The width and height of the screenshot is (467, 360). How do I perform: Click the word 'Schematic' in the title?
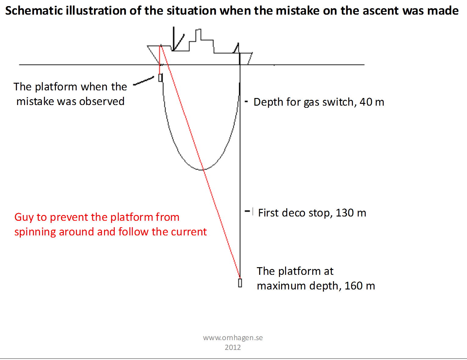coord(34,11)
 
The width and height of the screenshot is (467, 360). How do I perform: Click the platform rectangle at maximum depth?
coord(240,283)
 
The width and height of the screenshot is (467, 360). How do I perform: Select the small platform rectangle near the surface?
coord(160,78)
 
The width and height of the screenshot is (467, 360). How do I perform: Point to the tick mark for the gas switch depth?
coord(246,101)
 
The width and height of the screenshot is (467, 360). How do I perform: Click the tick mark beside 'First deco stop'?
coord(247,211)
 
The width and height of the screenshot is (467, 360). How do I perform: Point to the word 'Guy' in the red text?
coord(24,217)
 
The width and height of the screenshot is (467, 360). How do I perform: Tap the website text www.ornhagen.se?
coord(233,338)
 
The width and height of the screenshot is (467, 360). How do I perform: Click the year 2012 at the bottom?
coord(233,347)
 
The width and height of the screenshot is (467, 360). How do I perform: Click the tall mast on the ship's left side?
coord(174,39)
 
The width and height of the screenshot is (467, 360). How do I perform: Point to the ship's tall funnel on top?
coord(198,35)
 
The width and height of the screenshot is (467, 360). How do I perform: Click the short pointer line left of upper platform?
coord(143,81)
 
